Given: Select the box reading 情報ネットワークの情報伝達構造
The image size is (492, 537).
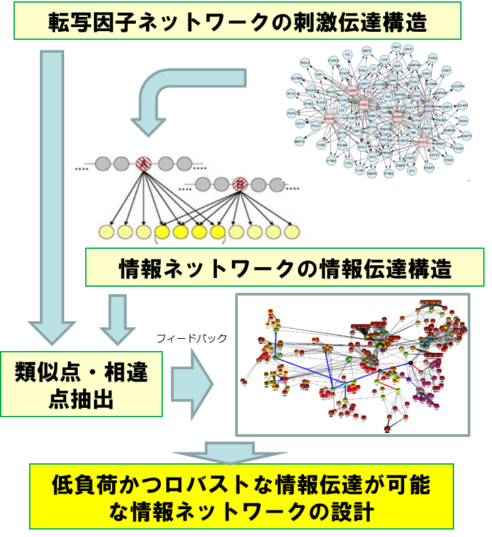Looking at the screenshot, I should [x=285, y=268].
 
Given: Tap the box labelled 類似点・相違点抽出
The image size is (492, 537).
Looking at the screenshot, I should [x=81, y=384].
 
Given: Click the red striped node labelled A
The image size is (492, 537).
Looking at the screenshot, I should [x=143, y=163].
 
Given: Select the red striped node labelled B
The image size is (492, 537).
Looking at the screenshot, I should [x=239, y=183].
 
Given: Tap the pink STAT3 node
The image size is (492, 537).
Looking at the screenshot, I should [x=422, y=141].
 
